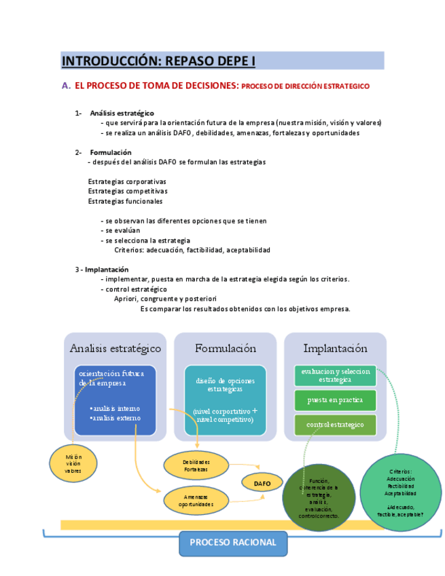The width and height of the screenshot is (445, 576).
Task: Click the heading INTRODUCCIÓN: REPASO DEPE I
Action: (x=158, y=61)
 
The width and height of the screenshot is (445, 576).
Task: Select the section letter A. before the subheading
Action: (x=66, y=86)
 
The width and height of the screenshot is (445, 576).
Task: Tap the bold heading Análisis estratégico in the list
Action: (x=122, y=113)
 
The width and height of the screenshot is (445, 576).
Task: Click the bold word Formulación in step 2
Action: (x=111, y=152)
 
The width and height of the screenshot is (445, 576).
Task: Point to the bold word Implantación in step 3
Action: (x=107, y=270)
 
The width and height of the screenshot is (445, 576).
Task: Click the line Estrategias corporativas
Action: (x=127, y=181)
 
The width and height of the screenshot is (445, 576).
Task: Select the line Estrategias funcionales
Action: (x=125, y=201)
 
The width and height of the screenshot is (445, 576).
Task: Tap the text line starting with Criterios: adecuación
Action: (x=192, y=250)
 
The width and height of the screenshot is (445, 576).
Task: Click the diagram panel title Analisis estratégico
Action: (x=115, y=348)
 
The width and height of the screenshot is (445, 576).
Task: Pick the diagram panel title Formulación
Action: (x=226, y=348)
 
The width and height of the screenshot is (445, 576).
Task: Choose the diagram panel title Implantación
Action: (x=335, y=348)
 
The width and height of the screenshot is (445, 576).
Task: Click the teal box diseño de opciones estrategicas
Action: (x=225, y=385)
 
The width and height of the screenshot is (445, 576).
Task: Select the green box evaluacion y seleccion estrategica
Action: (x=335, y=376)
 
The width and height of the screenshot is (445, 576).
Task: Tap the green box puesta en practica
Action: (x=335, y=400)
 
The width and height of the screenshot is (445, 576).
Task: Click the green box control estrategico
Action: (x=335, y=425)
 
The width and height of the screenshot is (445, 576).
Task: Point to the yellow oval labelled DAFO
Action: (x=262, y=483)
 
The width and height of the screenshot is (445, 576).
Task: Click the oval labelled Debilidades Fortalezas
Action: (x=196, y=465)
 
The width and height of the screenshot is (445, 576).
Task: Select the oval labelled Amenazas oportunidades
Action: (x=196, y=501)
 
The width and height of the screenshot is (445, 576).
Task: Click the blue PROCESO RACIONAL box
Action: (x=232, y=543)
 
